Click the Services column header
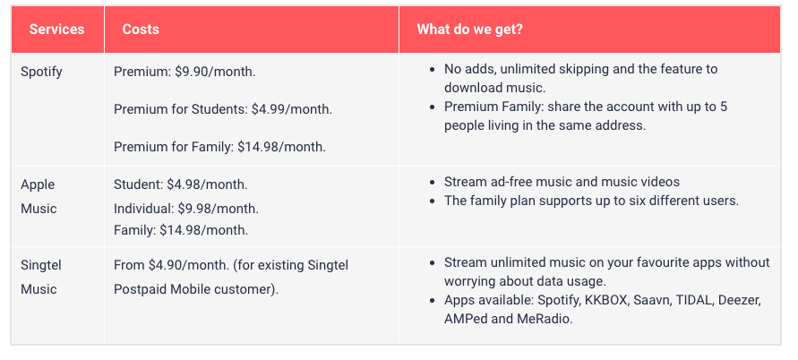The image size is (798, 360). pyautogui.click(x=56, y=29)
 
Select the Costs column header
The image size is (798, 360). pyautogui.click(x=141, y=29)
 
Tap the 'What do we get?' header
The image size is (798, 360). pyautogui.click(x=469, y=29)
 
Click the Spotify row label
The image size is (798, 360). pyautogui.click(x=41, y=72)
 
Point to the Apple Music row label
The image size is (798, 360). pyautogui.click(x=39, y=196)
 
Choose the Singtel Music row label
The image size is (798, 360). pyautogui.click(x=40, y=277)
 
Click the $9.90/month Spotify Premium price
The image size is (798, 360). pyautogui.click(x=215, y=72)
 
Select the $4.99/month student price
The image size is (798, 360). pyautogui.click(x=292, y=109)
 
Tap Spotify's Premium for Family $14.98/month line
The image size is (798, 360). pyautogui.click(x=219, y=147)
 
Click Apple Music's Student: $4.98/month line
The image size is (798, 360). pyautogui.click(x=181, y=184)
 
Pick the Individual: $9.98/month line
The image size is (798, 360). pyautogui.click(x=186, y=209)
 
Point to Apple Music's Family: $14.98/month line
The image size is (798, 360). pyautogui.click(x=181, y=230)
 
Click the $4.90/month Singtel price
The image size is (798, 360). pyautogui.click(x=189, y=265)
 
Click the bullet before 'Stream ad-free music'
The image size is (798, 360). pyautogui.click(x=433, y=183)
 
